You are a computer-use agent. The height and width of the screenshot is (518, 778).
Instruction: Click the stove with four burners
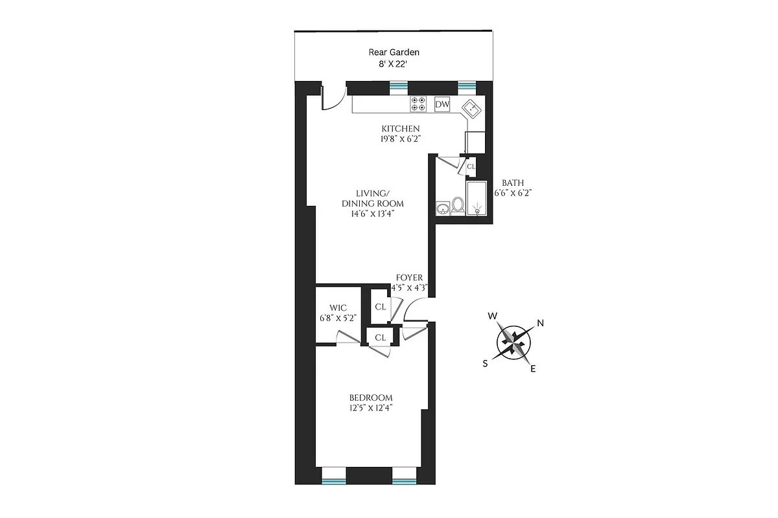coord(418,104)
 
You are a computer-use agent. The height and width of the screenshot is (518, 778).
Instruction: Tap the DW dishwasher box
coord(442,104)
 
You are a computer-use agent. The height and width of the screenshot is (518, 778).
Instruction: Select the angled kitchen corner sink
coord(471,109)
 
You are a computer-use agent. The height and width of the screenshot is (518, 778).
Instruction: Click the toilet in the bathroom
coord(458,205)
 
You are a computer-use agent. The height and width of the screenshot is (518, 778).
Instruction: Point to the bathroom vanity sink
coord(443,208)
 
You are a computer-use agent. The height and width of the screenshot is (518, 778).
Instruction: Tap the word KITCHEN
coord(400,128)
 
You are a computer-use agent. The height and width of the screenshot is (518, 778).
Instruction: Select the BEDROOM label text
coord(371,398)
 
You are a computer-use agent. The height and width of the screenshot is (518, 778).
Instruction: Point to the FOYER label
coord(409,278)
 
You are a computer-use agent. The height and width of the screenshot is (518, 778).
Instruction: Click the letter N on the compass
coord(540,324)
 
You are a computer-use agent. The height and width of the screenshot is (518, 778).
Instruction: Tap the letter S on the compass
coord(485,363)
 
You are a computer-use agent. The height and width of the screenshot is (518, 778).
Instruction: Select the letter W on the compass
coord(493,316)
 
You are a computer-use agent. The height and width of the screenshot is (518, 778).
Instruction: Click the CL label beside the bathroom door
coord(471,166)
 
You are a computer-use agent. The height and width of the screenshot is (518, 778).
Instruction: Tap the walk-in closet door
coord(348,337)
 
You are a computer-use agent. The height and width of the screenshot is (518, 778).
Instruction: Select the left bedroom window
coord(334,480)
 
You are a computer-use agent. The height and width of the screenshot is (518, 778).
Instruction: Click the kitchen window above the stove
coord(399,85)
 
